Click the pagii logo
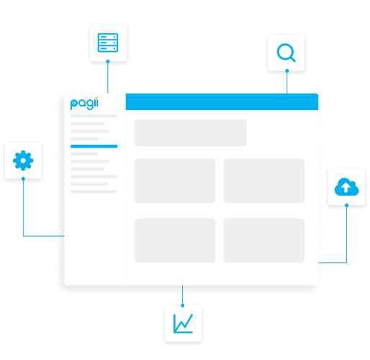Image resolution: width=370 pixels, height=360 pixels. click(x=84, y=104)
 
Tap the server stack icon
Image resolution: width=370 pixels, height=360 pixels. click(x=108, y=42)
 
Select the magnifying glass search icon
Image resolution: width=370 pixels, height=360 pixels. click(x=286, y=53)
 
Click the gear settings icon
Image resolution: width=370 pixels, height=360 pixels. click(x=23, y=161)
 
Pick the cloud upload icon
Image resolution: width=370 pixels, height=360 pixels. click(x=346, y=186)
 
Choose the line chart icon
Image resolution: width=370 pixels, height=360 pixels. click(x=183, y=323)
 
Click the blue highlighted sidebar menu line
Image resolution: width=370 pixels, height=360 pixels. click(x=94, y=146)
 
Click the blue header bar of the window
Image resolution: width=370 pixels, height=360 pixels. click(x=222, y=102)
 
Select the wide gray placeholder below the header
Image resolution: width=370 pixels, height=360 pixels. click(x=191, y=132)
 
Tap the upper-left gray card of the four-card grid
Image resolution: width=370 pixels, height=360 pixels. click(x=175, y=181)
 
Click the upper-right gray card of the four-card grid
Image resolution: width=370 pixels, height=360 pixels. click(x=264, y=181)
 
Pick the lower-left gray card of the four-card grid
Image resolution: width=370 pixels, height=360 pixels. click(x=175, y=240)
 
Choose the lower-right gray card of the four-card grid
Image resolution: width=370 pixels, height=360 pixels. click(x=264, y=240)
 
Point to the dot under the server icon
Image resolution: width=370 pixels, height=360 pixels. click(x=108, y=61)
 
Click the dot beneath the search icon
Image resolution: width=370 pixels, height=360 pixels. click(x=287, y=71)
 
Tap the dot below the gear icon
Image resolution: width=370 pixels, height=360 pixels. click(x=23, y=179)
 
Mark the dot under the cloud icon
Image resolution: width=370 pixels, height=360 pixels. click(x=346, y=205)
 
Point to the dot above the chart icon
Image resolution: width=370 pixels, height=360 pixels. click(x=183, y=305)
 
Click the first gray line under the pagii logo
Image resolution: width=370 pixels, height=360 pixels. click(x=94, y=116)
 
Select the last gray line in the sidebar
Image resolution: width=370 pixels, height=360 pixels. click(x=94, y=192)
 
